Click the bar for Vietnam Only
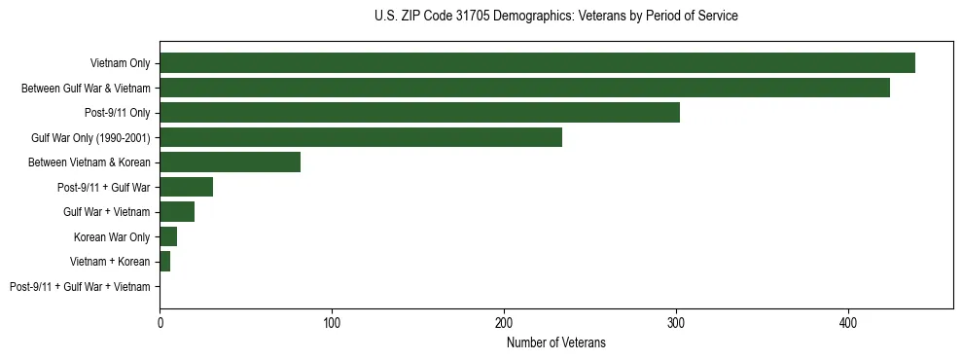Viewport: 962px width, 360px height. click(537, 63)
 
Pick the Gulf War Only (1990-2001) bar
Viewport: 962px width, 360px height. click(361, 137)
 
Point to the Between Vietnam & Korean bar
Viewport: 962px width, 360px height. click(230, 162)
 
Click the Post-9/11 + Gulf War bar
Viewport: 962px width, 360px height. click(186, 187)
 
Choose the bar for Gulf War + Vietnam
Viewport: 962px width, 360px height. click(177, 212)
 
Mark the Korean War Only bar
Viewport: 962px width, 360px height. click(168, 236)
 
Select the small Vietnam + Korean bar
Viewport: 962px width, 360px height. click(164, 262)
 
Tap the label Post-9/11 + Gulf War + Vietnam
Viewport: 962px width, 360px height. click(80, 287)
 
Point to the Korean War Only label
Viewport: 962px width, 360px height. click(112, 236)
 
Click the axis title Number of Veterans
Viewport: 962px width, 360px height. click(556, 342)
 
